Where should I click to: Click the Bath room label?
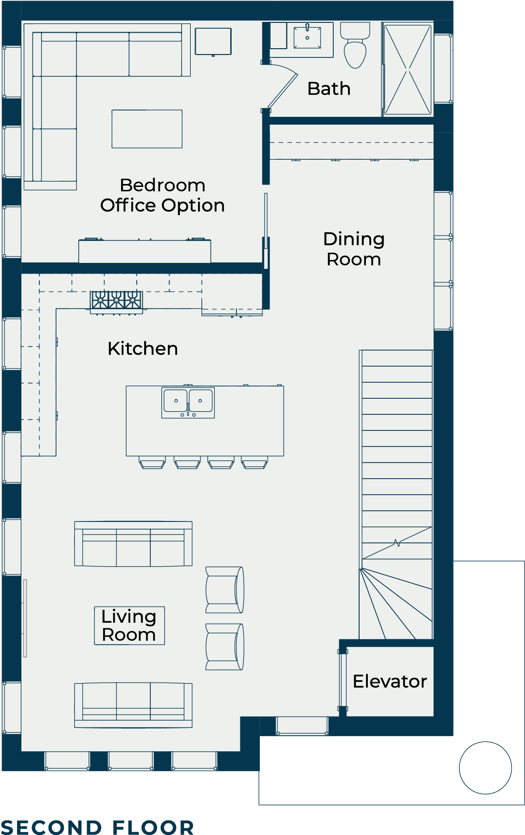tap(329, 89)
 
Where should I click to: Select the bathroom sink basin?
tap(308, 37)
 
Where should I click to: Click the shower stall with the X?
tap(408, 70)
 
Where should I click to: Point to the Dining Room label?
tap(354, 249)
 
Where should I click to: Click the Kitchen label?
tap(143, 349)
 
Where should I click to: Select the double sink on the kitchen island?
tap(188, 402)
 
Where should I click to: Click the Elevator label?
tap(390, 681)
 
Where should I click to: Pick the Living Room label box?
tap(129, 626)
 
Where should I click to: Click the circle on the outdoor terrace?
tap(485, 768)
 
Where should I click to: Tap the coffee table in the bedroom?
tap(147, 129)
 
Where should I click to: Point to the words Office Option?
tap(163, 205)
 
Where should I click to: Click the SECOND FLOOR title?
tap(97, 827)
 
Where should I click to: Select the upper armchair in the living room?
tap(224, 590)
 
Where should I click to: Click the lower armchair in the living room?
tap(224, 647)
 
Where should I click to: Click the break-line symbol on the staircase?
tap(397, 543)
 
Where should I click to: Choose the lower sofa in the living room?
tap(133, 705)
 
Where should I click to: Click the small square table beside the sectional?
tap(213, 41)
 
